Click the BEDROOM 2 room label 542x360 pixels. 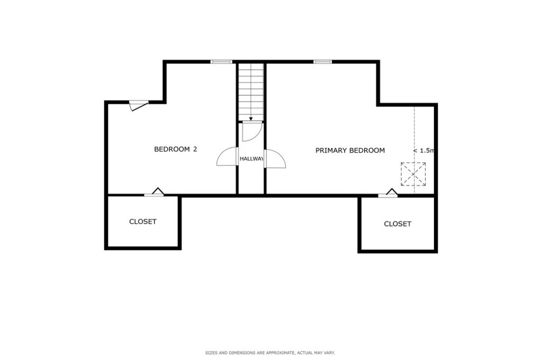175,149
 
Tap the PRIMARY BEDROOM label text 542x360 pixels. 350,150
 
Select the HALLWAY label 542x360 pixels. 251,159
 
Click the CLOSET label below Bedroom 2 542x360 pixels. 143,221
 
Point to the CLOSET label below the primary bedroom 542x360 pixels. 397,224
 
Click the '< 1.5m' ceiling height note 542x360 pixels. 423,150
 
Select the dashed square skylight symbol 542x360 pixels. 413,174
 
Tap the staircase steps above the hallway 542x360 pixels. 251,90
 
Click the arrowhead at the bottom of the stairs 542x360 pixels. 251,120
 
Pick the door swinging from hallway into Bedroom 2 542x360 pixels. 227,158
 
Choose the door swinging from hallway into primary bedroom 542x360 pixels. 274,159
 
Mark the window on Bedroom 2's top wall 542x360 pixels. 221,62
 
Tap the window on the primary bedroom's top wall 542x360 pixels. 322,62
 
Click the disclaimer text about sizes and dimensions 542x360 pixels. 270,352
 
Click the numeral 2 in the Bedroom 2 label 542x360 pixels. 195,149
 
